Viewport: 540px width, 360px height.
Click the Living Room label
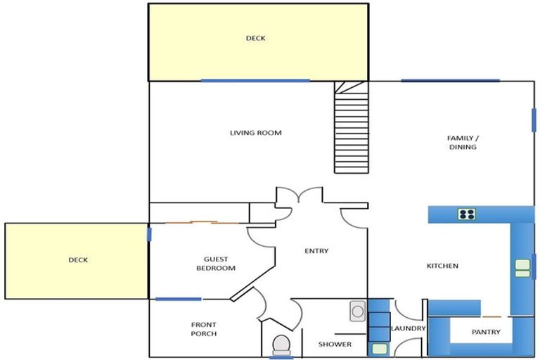[255, 133]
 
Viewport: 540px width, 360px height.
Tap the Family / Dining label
[462, 142]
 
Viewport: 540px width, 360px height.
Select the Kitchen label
[443, 266]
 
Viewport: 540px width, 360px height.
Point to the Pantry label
[486, 332]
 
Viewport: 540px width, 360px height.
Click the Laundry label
[409, 328]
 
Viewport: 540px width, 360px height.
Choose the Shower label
[335, 344]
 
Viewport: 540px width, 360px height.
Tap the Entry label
[316, 251]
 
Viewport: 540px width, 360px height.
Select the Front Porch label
[204, 328]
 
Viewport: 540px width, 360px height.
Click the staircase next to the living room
[352, 131]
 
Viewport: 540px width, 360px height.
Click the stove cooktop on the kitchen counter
[467, 214]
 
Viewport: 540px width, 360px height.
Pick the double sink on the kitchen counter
[522, 268]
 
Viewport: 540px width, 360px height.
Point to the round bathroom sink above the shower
[358, 310]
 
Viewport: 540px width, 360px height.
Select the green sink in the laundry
[380, 348]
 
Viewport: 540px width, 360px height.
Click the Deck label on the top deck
[256, 39]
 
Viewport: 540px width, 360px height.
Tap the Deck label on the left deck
[78, 260]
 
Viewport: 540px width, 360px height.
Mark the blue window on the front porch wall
[178, 299]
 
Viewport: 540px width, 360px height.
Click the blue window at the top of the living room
[255, 80]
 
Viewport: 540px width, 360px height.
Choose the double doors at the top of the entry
[299, 195]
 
